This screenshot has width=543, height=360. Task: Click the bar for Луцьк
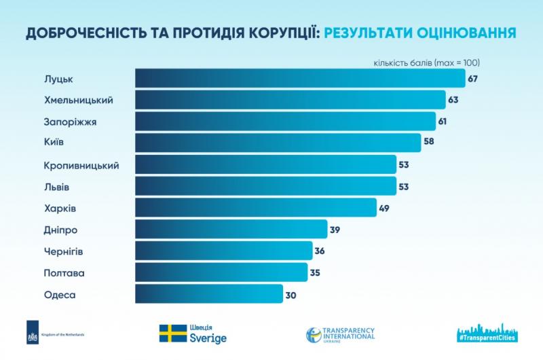tap(300, 78)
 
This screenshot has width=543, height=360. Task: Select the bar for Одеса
tap(209, 294)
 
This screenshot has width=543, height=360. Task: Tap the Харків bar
tap(256, 208)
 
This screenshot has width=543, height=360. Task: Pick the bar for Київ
tap(278, 143)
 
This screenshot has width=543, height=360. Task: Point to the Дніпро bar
tap(231, 229)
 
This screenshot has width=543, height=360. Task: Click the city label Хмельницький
tap(79, 101)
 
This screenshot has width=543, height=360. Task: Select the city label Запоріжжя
tap(71, 122)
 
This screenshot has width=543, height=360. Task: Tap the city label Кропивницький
tap(81, 166)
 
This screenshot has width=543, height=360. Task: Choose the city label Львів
tap(57, 187)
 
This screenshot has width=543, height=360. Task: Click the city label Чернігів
tap(63, 251)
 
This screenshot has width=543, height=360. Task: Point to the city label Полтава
tap(64, 273)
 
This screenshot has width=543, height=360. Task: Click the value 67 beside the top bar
tap(472, 79)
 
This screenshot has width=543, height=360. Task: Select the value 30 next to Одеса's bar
tap(291, 295)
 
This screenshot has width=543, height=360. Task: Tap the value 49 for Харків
tap(384, 209)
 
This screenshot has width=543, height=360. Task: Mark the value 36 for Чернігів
tap(320, 251)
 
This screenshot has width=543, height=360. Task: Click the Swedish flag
tap(173, 334)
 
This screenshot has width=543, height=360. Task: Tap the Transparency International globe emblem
tap(314, 335)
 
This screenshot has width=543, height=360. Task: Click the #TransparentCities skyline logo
tap(487, 333)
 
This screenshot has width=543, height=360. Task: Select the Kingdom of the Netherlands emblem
tap(33, 332)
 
